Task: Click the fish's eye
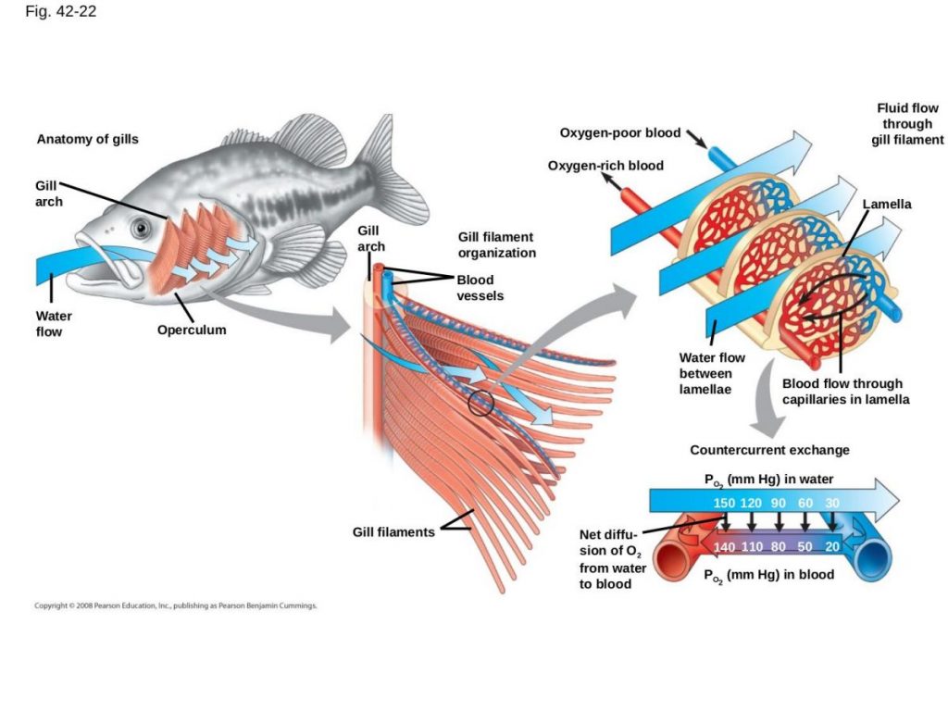(139, 227)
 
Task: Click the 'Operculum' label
(192, 330)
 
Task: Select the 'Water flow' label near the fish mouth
(54, 323)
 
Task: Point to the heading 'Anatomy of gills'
(87, 140)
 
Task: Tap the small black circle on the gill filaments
(480, 403)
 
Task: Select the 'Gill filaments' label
(393, 532)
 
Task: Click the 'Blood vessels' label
(475, 287)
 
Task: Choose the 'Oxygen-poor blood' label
(619, 132)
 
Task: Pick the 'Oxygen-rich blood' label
(605, 166)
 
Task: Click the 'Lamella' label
(887, 204)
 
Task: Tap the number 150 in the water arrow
(725, 502)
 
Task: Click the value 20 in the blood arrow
(832, 547)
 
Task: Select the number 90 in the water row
(778, 502)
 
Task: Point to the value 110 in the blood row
(752, 547)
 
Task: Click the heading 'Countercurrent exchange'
(769, 450)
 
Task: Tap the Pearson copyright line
(176, 606)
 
